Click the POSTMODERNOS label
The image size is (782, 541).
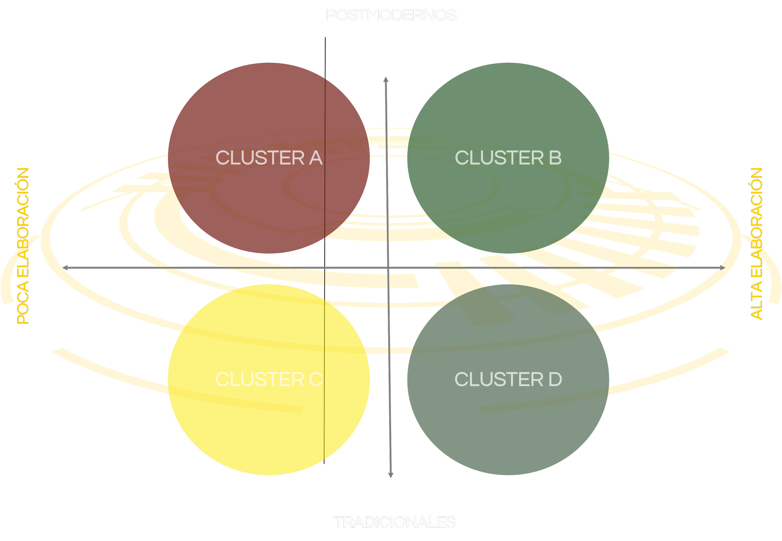[391, 15]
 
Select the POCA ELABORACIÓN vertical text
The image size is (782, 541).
[23, 246]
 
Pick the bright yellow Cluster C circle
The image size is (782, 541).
[269, 424]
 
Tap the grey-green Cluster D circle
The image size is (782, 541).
[508, 424]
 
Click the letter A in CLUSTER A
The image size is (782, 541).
[316, 158]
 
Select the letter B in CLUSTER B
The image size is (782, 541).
[555, 158]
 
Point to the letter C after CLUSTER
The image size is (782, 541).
[316, 379]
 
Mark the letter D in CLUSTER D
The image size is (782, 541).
[555, 379]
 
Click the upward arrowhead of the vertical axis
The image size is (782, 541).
[386, 80]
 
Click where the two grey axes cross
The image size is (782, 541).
[388, 268]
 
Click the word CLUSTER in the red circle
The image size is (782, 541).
[260, 158]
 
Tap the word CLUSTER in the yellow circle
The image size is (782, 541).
[260, 379]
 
